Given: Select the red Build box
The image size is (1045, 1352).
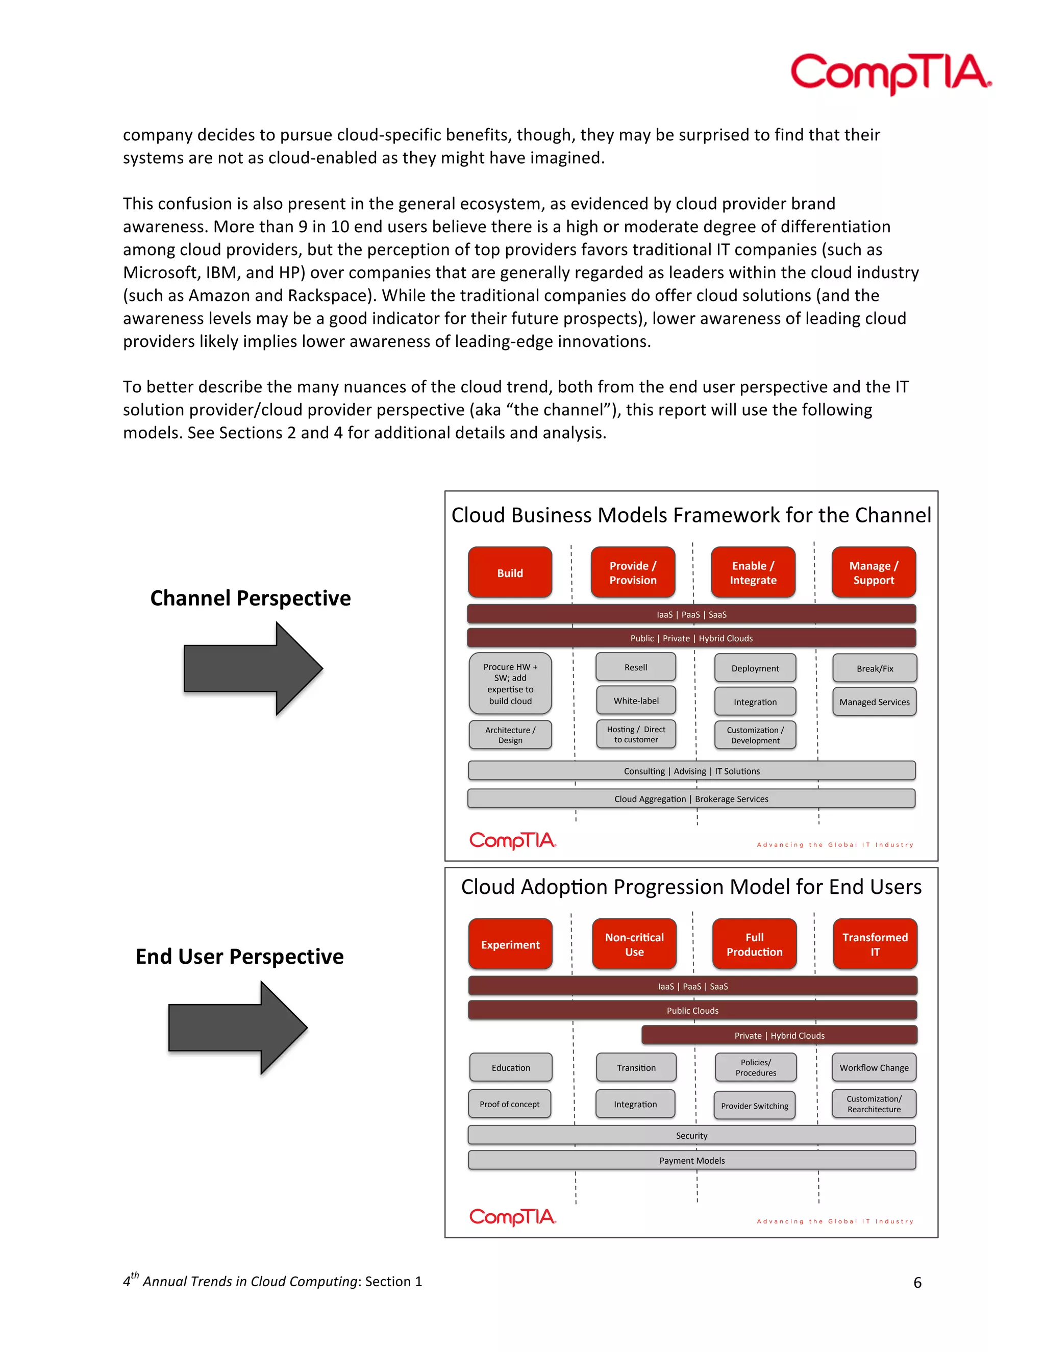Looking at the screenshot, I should pos(510,572).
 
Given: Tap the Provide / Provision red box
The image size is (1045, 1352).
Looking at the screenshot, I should pos(633,572).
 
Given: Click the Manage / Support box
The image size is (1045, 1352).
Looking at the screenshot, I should pos(873,572).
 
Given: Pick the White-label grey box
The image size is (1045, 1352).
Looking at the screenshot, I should pos(636,700).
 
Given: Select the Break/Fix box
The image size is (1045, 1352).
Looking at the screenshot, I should pos(874,668).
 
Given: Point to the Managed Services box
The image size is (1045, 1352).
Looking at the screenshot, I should pos(874,702).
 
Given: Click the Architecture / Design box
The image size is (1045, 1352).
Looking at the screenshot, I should pos(510,735).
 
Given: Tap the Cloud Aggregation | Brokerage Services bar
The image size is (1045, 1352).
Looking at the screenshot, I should pos(691,798).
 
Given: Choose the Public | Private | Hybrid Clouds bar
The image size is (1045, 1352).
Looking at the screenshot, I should pos(691,638).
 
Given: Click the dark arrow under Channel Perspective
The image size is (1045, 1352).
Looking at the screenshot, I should pos(253,668).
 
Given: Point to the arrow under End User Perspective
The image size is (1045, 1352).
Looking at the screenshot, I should pos(238,1028).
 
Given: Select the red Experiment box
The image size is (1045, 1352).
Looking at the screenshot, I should pos(510,944).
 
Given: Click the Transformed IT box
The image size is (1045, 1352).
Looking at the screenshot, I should pos(874,944).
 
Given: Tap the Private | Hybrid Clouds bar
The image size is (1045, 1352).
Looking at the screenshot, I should pos(779,1035).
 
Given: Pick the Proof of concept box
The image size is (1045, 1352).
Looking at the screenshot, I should pos(510,1104).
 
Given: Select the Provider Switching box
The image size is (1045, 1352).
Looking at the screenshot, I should pos(754,1106).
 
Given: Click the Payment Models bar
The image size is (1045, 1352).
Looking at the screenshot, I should pos(691,1160).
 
